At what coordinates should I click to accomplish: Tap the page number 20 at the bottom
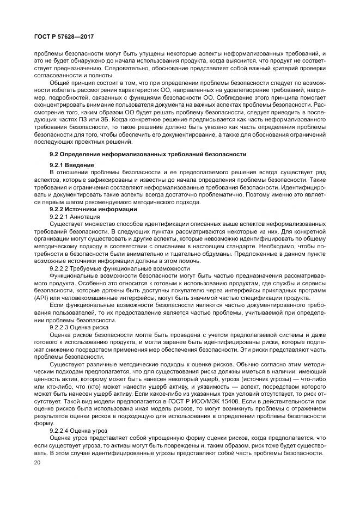click(38, 462)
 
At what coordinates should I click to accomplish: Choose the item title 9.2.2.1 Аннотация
click(75, 217)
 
